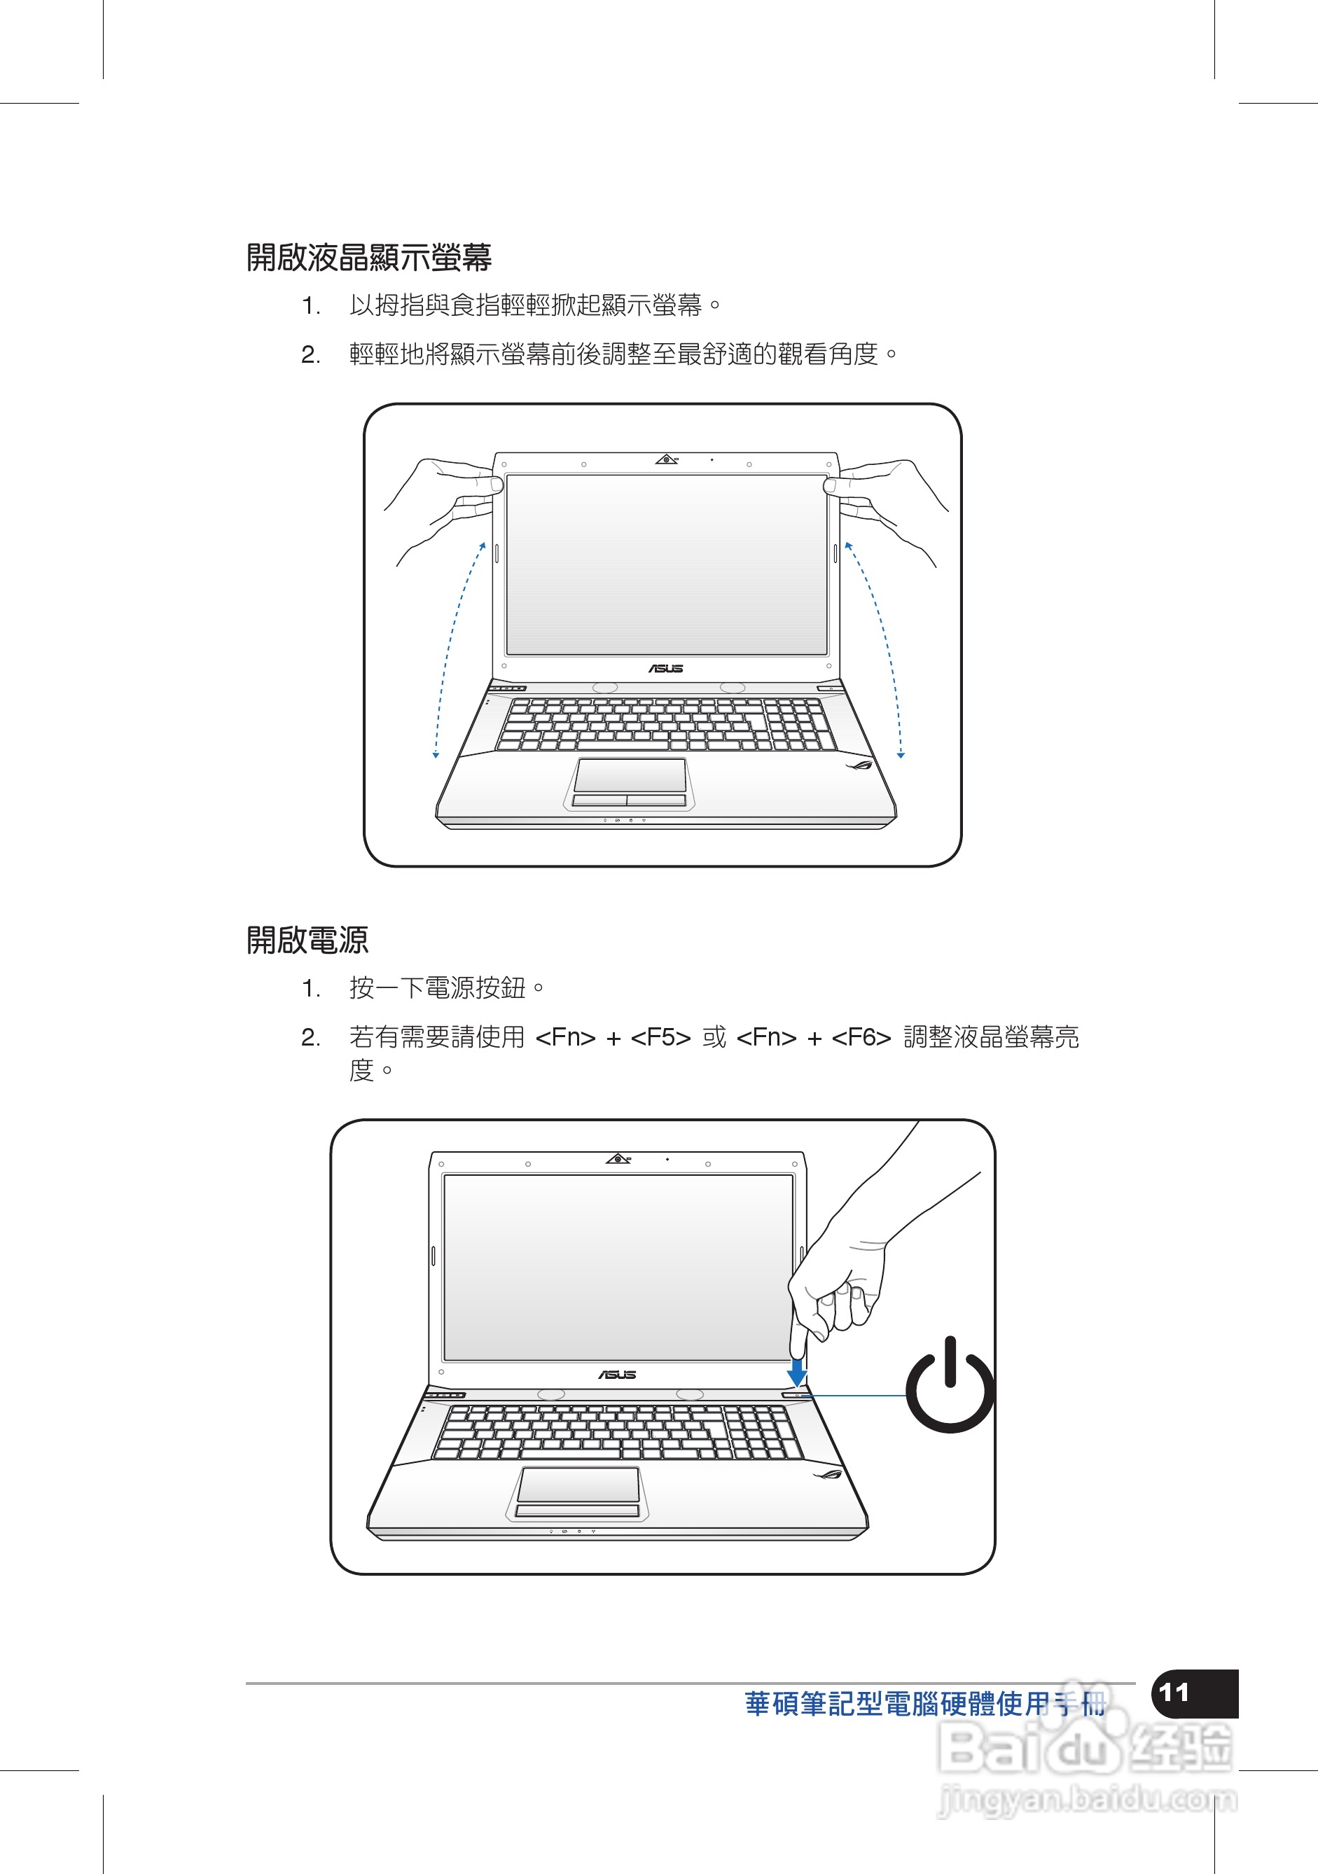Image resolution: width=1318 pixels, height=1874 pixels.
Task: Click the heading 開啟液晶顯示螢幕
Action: tap(369, 257)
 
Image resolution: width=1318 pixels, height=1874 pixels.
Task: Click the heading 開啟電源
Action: tap(307, 939)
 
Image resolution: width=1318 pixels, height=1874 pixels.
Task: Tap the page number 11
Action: tap(1175, 1692)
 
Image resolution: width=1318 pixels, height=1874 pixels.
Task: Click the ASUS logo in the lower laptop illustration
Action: tap(617, 1375)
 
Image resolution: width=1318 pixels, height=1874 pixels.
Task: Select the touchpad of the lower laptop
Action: tap(578, 1485)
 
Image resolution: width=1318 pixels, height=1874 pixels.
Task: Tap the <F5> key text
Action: tap(661, 1037)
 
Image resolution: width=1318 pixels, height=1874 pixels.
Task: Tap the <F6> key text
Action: tap(861, 1037)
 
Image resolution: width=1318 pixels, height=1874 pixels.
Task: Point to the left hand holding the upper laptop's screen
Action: tap(445, 506)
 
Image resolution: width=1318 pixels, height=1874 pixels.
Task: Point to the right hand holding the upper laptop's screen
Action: tap(889, 506)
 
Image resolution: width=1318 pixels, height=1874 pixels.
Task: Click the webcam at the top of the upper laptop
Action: tap(667, 459)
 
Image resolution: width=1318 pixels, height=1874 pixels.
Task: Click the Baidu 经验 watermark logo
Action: tap(1085, 1747)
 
